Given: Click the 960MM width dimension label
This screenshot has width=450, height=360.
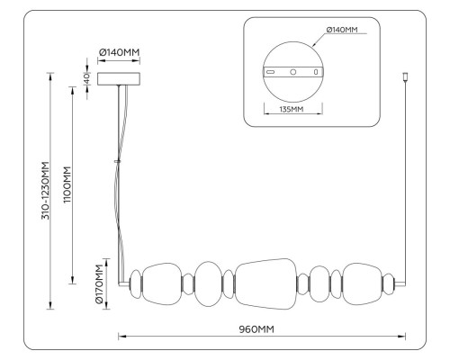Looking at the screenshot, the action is point(256,329).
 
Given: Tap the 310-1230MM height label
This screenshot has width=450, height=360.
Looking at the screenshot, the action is point(45,191).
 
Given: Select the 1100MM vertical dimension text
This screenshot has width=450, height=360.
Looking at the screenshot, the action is point(67,184).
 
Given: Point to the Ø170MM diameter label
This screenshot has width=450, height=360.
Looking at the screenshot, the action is point(99,284).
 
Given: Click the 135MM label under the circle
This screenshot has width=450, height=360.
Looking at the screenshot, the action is point(292,109).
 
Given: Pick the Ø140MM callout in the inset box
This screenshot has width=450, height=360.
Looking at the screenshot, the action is point(342,30).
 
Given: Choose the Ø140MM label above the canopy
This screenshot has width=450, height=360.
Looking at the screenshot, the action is point(120,52).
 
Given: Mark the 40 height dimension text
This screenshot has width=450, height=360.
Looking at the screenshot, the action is point(86,78).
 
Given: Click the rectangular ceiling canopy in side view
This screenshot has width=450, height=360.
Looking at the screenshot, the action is point(119,78).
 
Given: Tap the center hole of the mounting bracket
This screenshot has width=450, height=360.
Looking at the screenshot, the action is point(293,72).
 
